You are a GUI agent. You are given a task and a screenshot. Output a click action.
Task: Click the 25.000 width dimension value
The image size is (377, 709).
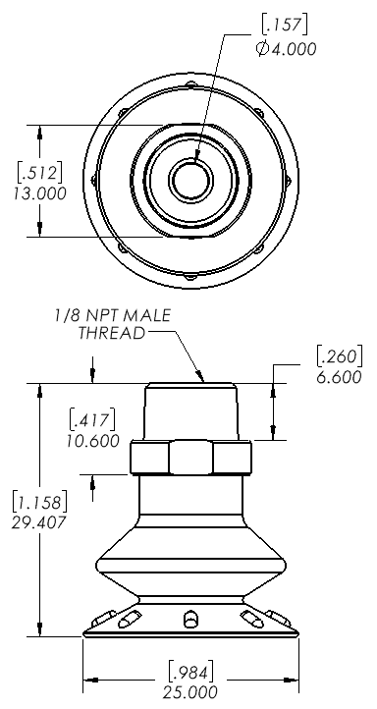click(x=190, y=692)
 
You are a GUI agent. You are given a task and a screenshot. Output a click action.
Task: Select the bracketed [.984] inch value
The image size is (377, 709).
click(x=190, y=673)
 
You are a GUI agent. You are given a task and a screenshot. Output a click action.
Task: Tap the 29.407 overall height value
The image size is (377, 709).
click(x=39, y=522)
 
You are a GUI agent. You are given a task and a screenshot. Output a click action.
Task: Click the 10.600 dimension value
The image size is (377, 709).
click(x=92, y=440)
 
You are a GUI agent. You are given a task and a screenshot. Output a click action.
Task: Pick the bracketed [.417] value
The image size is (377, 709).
click(x=91, y=420)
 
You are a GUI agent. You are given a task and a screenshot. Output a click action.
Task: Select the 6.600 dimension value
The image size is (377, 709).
click(x=339, y=377)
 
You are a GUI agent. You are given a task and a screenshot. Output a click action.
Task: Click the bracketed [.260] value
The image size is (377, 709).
click(x=340, y=356)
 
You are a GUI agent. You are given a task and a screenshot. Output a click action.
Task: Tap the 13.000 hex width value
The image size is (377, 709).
click(x=39, y=193)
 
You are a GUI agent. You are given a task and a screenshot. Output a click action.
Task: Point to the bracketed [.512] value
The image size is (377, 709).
click(x=39, y=173)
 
